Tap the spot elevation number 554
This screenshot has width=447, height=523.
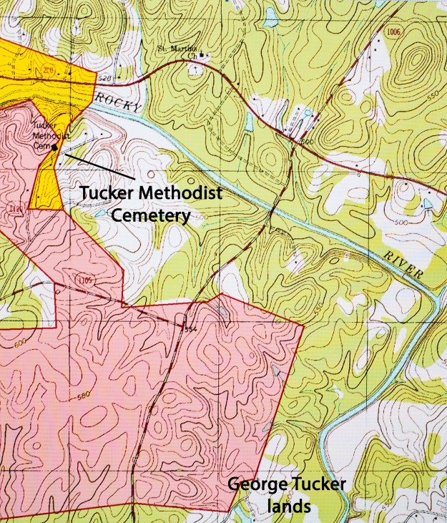tap(190, 328)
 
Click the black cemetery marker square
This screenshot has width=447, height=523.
tap(55, 147)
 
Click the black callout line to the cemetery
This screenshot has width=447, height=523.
tap(97, 164)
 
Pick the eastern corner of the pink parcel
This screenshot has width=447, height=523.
tap(304, 326)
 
